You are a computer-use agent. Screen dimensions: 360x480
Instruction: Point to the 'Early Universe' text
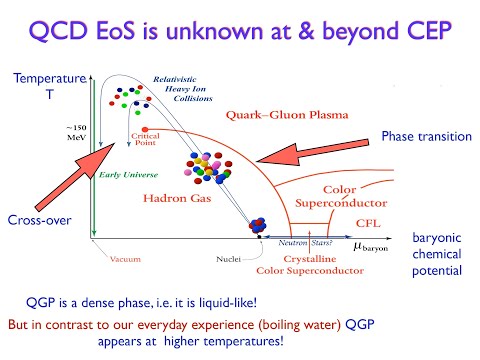(124, 176)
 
